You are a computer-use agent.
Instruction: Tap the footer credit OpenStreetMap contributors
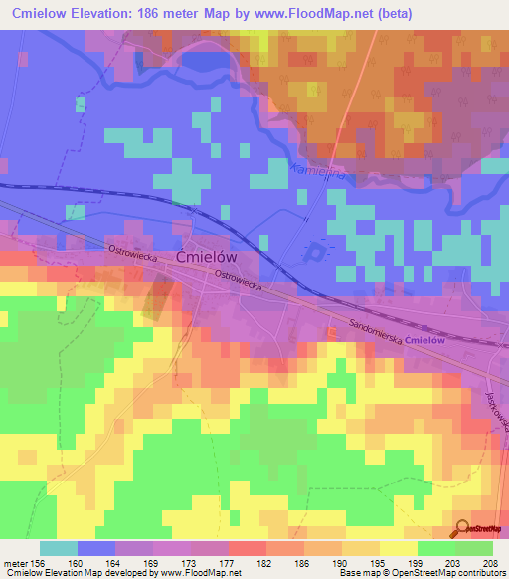point(446,574)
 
